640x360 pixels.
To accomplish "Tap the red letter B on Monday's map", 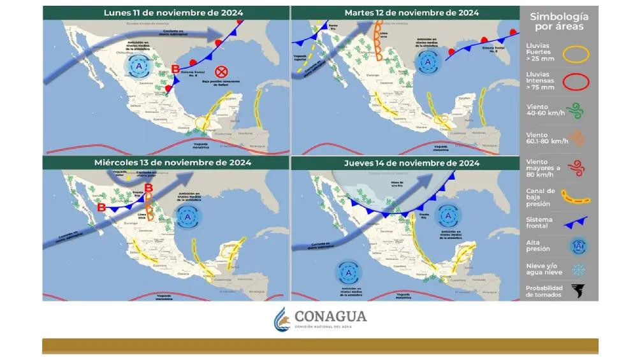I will click(176, 70).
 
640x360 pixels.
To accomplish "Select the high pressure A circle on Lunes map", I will click(138, 65).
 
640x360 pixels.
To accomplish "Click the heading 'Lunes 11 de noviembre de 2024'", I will click(165, 12).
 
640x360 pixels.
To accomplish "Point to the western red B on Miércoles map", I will click(101, 207).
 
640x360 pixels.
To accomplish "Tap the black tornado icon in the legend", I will click(578, 291).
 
